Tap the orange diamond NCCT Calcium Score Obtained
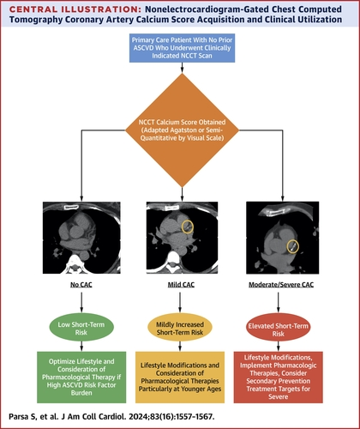point(180,136)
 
